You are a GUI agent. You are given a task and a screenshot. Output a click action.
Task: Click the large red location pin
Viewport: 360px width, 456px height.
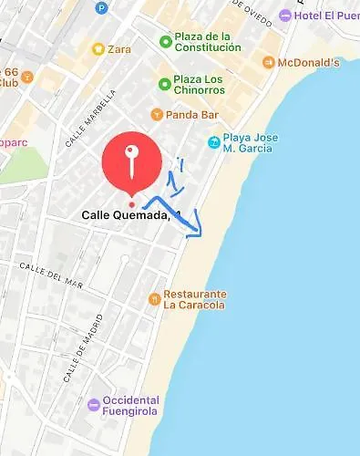[133, 161]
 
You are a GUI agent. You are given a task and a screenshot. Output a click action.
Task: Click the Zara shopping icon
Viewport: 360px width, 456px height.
[98, 48]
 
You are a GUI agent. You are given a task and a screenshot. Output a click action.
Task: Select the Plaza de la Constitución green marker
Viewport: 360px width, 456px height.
[165, 41]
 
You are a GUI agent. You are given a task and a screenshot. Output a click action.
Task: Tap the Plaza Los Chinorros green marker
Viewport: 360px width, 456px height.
[165, 85]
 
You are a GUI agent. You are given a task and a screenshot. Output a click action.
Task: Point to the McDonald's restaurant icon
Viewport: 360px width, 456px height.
[268, 62]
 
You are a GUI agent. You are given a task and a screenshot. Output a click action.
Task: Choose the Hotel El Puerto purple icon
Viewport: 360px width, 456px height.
[285, 16]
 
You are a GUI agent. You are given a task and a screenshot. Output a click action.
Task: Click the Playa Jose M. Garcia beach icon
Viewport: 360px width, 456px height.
[213, 142]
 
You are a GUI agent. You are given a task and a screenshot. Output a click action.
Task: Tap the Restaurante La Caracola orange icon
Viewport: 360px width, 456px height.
[155, 298]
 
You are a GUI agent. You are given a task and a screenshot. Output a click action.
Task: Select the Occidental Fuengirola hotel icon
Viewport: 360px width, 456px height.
[93, 405]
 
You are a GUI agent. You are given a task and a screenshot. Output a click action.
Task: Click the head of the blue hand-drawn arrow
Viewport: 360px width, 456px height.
[196, 233]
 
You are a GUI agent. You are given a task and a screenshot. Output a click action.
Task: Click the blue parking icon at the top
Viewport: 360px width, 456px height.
[101, 7]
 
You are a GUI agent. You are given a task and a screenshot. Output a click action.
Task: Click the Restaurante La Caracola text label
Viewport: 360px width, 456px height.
[194, 299]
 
